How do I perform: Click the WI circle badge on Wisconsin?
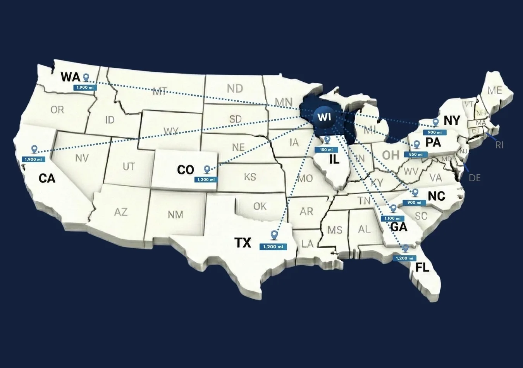pyautogui.click(x=324, y=117)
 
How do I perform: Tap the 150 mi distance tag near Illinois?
pyautogui.click(x=326, y=150)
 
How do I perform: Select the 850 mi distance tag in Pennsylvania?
pyautogui.click(x=416, y=155)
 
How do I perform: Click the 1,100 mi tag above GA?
pyautogui.click(x=392, y=218)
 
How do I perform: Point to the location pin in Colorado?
pyautogui.click(x=207, y=169)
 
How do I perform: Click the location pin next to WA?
pyautogui.click(x=86, y=77)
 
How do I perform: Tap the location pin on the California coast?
pyautogui.click(x=34, y=149)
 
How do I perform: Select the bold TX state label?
pyautogui.click(x=243, y=243)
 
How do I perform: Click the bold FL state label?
pyautogui.click(x=422, y=267)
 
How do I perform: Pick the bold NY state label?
pyautogui.click(x=452, y=120)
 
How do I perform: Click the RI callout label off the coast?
pyautogui.click(x=499, y=145)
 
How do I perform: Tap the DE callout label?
pyautogui.click(x=475, y=178)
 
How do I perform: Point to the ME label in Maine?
pyautogui.click(x=495, y=90)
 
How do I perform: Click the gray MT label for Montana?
pyautogui.click(x=160, y=92)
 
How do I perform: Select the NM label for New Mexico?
pyautogui.click(x=175, y=215)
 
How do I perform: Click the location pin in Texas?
pyautogui.click(x=274, y=235)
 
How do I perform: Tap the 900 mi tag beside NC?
pyautogui.click(x=414, y=203)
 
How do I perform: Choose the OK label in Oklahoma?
pyautogui.click(x=260, y=206)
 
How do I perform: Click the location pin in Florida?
pyautogui.click(x=406, y=248)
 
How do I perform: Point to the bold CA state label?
pyautogui.click(x=47, y=179)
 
